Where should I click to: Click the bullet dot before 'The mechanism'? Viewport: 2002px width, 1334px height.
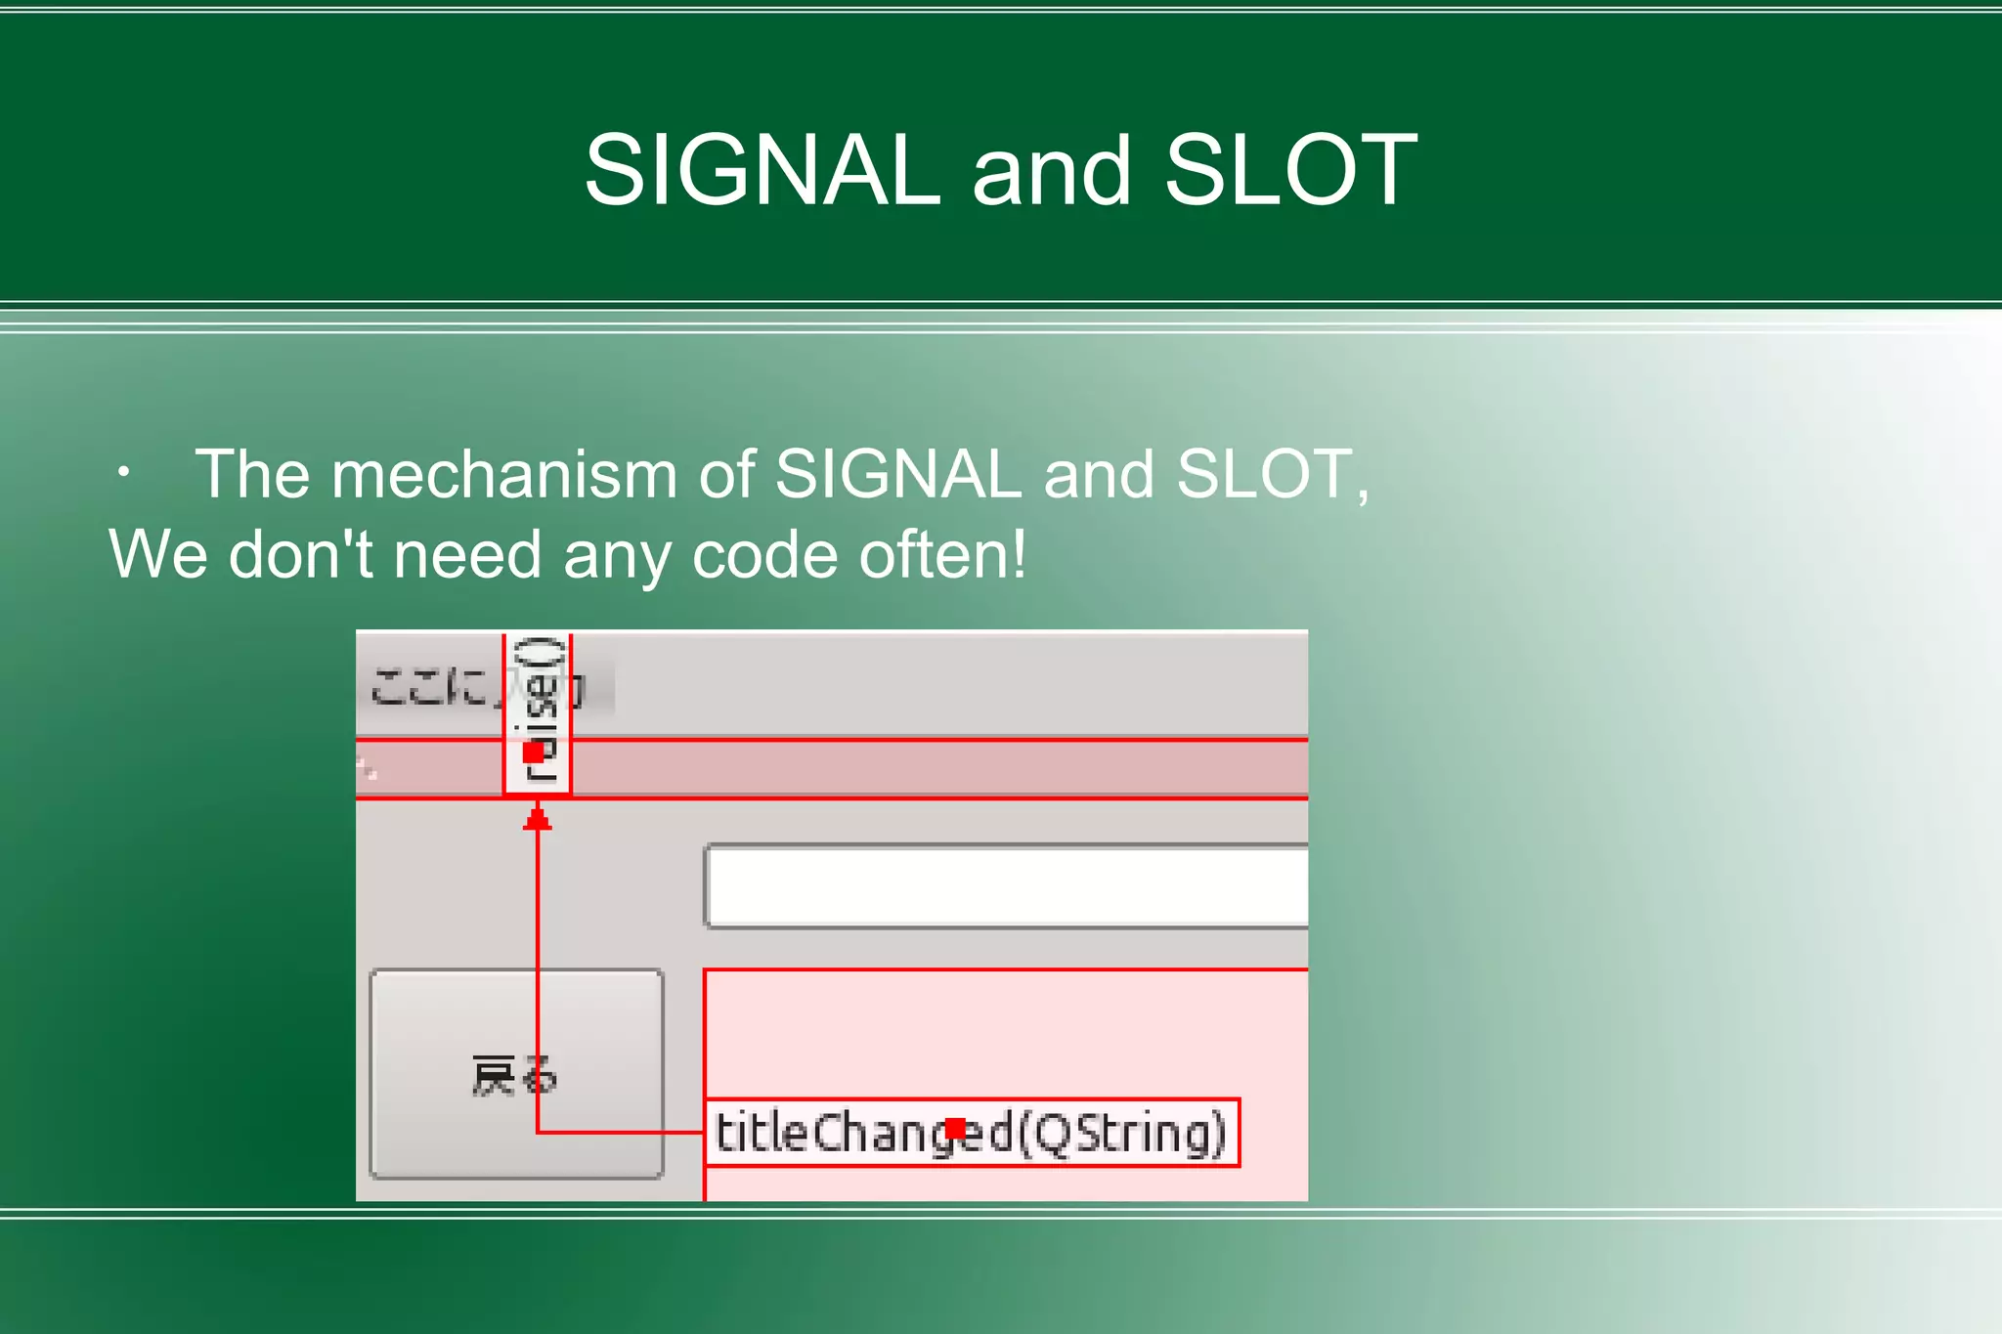(x=123, y=473)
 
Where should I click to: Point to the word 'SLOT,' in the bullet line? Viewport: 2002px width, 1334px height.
(x=1273, y=475)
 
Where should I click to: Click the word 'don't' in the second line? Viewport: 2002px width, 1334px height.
(x=301, y=555)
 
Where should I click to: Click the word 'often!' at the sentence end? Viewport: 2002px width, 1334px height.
(x=942, y=555)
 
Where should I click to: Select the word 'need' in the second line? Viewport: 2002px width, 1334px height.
(x=467, y=555)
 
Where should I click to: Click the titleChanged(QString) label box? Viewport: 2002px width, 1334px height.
(x=971, y=1133)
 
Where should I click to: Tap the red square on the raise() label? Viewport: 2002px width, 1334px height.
(x=534, y=753)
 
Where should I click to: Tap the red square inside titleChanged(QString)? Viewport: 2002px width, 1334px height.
(x=955, y=1130)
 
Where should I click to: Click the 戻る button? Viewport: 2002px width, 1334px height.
(x=516, y=1075)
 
